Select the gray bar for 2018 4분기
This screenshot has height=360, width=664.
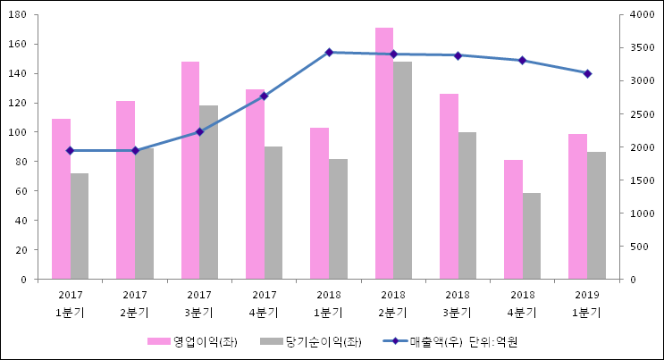pyautogui.click(x=532, y=236)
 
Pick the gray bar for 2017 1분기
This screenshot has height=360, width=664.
pyautogui.click(x=80, y=226)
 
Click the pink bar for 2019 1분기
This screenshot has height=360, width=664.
pyautogui.click(x=577, y=206)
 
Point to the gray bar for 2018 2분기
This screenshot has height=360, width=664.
pyautogui.click(x=403, y=171)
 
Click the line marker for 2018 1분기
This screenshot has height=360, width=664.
pyautogui.click(x=329, y=53)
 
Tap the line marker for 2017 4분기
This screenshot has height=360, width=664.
pyautogui.click(x=265, y=96)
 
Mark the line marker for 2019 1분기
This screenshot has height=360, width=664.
pyautogui.click(x=587, y=73)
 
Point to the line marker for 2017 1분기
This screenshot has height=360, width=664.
pyautogui.click(x=71, y=150)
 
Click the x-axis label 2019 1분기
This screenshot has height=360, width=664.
pyautogui.click(x=587, y=303)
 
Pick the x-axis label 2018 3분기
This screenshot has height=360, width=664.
pyautogui.click(x=458, y=303)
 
